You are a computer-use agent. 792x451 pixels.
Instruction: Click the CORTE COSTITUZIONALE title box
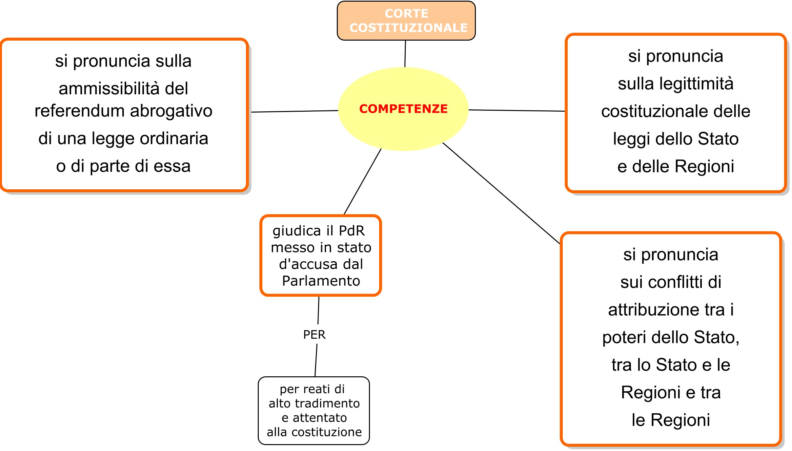pyautogui.click(x=406, y=21)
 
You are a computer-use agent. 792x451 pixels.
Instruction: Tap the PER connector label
pyautogui.click(x=314, y=335)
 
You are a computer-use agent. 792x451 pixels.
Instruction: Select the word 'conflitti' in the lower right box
pyautogui.click(x=675, y=282)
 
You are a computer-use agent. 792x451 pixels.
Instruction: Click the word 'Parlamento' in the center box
pyautogui.click(x=321, y=281)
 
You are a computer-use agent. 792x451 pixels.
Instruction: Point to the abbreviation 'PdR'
pyautogui.click(x=352, y=231)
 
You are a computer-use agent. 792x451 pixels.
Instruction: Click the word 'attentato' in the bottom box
pyautogui.click(x=320, y=418)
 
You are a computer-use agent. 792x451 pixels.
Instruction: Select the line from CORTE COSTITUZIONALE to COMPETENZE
pyautogui.click(x=405, y=54)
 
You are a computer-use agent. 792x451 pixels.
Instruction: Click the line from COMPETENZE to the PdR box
pyautogui.click(x=363, y=181)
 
